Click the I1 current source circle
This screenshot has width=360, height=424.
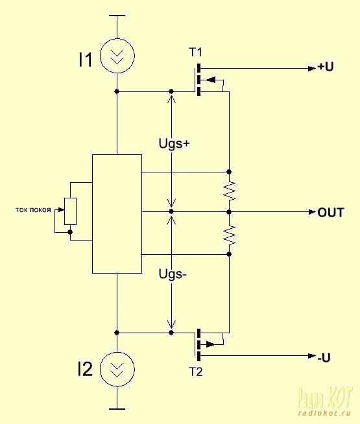(117, 39)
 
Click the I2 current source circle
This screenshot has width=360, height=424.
(117, 352)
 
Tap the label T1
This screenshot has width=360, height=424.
(195, 52)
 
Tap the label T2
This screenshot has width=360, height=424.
(195, 372)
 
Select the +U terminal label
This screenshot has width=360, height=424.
(326, 67)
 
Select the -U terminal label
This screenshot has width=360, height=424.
(324, 358)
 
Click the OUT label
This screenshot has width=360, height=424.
(331, 213)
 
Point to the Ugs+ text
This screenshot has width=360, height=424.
(174, 143)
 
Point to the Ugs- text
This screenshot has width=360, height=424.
(173, 274)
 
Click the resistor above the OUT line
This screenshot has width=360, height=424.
(230, 191)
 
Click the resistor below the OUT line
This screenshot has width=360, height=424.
(230, 235)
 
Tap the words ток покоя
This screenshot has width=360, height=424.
(33, 210)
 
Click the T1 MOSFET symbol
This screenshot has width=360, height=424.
(199, 80)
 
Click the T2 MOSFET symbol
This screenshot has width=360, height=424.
(199, 344)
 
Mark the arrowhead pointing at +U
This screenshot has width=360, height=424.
(312, 69)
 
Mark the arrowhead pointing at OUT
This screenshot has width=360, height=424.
(312, 212)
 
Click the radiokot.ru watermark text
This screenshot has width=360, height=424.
(325, 413)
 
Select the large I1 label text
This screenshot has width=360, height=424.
(85, 60)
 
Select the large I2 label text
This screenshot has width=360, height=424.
(85, 370)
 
